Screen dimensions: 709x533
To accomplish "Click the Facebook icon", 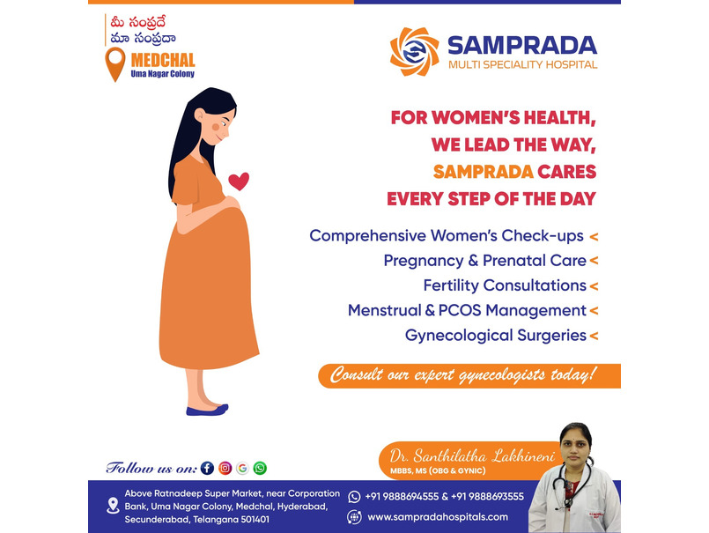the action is pyautogui.click(x=207, y=468).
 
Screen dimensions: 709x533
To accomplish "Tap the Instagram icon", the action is pyautogui.click(x=225, y=468).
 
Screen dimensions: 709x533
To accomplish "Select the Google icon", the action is pyautogui.click(x=242, y=468).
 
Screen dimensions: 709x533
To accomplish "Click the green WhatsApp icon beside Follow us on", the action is pyautogui.click(x=260, y=468).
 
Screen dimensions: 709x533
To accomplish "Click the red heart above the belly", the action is pyautogui.click(x=239, y=181).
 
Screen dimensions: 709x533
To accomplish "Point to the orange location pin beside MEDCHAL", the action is pyautogui.click(x=115, y=64).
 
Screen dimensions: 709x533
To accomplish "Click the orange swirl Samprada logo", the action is pyautogui.click(x=414, y=52).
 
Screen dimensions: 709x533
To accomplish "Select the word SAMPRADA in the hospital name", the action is pyautogui.click(x=522, y=46).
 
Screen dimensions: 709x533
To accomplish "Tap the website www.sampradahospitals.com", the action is pyautogui.click(x=438, y=517).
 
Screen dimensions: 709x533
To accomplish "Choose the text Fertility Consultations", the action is pyautogui.click(x=505, y=285).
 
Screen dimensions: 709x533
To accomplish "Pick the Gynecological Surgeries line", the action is pyautogui.click(x=496, y=336).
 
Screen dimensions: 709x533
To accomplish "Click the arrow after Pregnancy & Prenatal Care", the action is pyautogui.click(x=594, y=261).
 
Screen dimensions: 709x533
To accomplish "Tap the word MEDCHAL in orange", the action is pyautogui.click(x=163, y=60).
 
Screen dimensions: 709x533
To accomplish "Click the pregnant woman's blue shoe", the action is pyautogui.click(x=207, y=410).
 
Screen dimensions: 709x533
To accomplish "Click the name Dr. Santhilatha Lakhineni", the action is pyautogui.click(x=472, y=456).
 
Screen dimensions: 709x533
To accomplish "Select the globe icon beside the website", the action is pyautogui.click(x=354, y=517).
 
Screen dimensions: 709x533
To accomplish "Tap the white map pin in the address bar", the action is pyautogui.click(x=113, y=506).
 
